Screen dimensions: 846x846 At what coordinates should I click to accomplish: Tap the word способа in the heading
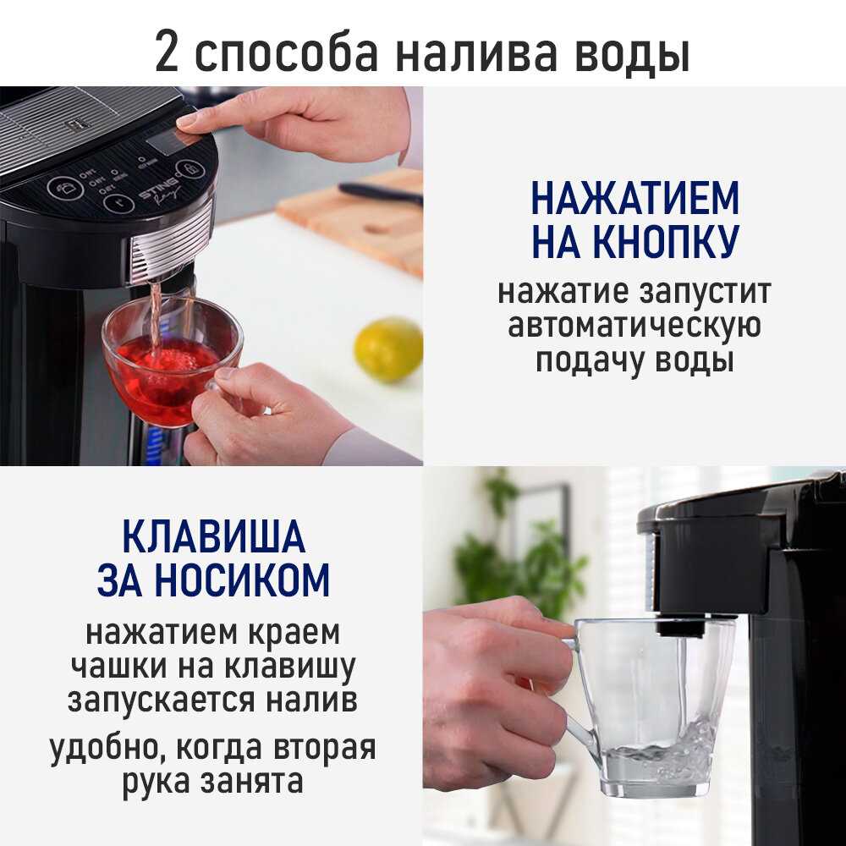(286, 54)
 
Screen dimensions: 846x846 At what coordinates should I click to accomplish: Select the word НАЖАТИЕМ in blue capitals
(634, 198)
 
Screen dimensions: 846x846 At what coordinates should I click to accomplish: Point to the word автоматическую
(634, 326)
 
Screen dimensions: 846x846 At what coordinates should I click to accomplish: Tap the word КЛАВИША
(214, 536)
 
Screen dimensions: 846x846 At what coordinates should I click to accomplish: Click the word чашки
(120, 666)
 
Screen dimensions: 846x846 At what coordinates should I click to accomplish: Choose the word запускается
(160, 700)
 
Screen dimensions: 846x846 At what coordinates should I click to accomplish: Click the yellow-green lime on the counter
(388, 349)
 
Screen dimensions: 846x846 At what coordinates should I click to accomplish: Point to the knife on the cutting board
(380, 193)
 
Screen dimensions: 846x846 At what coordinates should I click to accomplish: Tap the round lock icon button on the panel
(190, 168)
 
